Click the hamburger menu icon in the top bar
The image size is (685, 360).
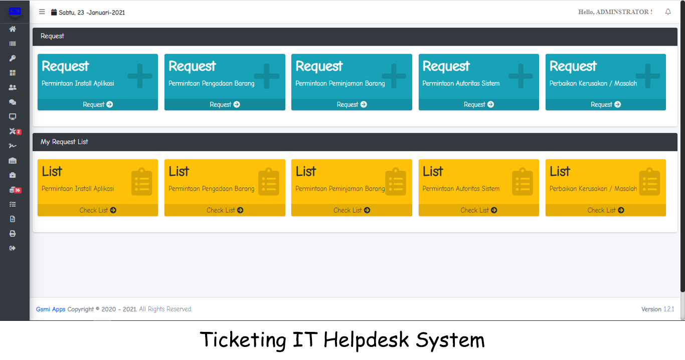coord(42,12)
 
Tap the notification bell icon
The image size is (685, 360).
coord(668,12)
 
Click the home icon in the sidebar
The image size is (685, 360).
coord(13,29)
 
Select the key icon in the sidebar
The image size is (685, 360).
coord(13,58)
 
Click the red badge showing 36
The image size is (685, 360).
coord(18,190)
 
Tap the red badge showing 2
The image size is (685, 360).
coord(19,132)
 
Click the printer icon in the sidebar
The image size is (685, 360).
coord(13,234)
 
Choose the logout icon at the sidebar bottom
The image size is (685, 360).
coord(13,248)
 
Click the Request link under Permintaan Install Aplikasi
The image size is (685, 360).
coord(98,105)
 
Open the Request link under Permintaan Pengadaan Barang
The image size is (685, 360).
coord(225,105)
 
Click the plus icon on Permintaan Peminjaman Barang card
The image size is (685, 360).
coord(394,76)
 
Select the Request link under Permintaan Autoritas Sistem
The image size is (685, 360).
coord(478,105)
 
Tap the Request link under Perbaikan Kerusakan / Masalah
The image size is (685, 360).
coord(605,105)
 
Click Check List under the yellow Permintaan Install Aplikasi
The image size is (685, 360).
coord(98,210)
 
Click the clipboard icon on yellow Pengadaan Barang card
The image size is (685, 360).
coord(269,182)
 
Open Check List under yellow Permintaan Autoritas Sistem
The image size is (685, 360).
coord(478,210)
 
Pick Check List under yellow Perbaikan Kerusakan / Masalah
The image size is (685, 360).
coord(605,210)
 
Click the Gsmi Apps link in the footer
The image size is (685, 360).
coord(51,309)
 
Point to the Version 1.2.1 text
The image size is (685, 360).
coord(657,309)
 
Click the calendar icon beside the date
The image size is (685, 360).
coord(54,12)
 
